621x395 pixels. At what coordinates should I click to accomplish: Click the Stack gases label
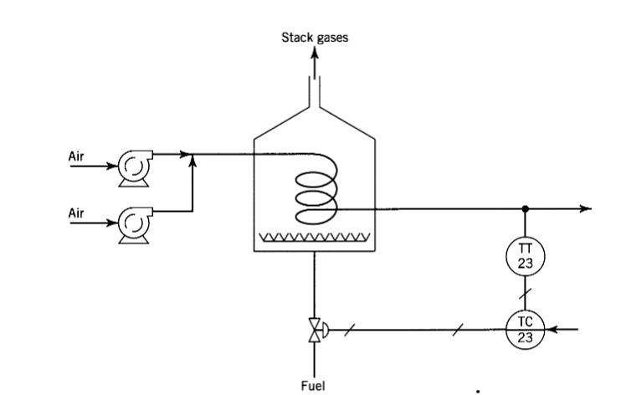(315, 37)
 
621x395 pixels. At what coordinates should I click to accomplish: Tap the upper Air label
(77, 155)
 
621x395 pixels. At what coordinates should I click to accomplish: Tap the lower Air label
(77, 213)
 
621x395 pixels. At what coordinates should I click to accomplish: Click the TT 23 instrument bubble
(525, 254)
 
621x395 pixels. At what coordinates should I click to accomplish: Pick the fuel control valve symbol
(315, 331)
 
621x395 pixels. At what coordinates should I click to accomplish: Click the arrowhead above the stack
(315, 52)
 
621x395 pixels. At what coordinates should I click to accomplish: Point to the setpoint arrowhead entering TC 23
(549, 331)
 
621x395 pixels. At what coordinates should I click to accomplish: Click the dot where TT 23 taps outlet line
(525, 208)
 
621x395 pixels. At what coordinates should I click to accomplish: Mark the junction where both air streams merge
(193, 154)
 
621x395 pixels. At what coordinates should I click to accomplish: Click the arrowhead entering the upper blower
(111, 165)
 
